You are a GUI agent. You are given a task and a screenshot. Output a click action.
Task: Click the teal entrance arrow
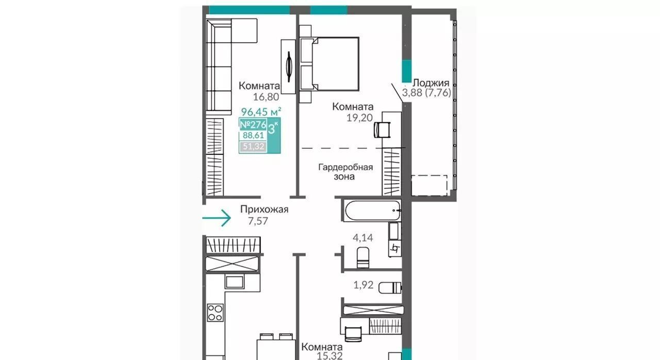(217, 218)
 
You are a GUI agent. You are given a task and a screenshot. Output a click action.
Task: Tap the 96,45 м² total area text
(261, 111)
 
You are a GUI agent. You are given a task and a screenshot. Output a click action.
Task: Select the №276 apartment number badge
(253, 125)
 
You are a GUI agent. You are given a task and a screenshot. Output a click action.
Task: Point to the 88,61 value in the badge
(253, 135)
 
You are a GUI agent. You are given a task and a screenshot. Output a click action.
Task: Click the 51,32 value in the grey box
(253, 146)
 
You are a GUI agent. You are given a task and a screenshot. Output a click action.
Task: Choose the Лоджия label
(431, 83)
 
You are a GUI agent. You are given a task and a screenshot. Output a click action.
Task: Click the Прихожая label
(265, 209)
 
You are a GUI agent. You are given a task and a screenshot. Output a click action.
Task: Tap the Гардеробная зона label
(345, 172)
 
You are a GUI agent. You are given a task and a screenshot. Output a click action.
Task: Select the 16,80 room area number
(266, 96)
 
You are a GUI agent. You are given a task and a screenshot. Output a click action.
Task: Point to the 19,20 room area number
(359, 118)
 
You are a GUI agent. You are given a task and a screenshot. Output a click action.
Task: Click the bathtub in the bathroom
(373, 210)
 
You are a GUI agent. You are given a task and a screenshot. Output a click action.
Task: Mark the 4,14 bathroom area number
(362, 237)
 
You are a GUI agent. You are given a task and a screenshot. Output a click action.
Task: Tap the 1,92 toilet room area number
(364, 285)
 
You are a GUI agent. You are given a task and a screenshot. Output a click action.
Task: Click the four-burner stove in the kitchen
(215, 313)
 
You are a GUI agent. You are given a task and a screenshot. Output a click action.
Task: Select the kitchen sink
(235, 281)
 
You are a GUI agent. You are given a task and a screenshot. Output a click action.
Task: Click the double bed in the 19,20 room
(329, 63)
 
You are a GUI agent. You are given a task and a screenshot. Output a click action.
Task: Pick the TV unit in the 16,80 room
(288, 67)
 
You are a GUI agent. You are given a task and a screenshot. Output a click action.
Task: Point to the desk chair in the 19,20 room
(382, 129)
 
